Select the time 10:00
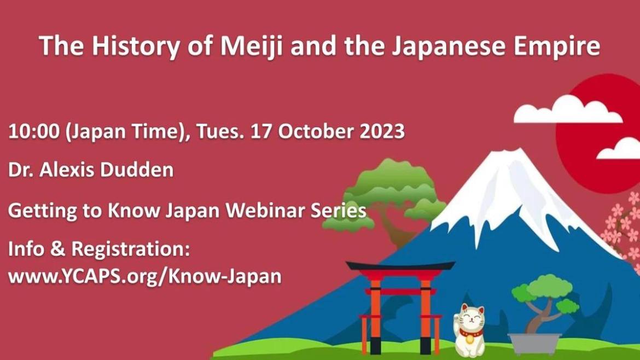click(x=34, y=132)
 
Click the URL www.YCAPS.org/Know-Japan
click(x=145, y=276)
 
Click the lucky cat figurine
click(x=470, y=330)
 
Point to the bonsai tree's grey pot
click(x=534, y=344)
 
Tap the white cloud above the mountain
click(x=567, y=110)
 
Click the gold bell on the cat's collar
click(x=469, y=338)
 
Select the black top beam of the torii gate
click(x=400, y=266)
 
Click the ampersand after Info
click(x=57, y=249)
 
